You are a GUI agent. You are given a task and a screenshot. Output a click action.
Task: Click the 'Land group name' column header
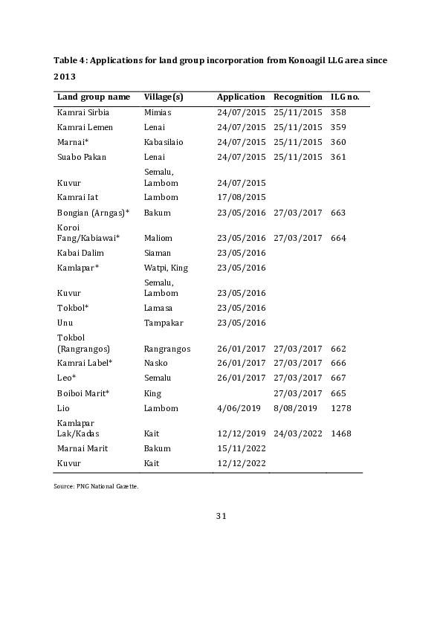click(94, 97)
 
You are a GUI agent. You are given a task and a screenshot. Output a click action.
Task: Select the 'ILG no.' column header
click(345, 97)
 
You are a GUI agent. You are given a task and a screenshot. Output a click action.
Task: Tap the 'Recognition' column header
click(297, 97)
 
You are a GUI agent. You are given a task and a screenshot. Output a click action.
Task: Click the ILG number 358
click(338, 112)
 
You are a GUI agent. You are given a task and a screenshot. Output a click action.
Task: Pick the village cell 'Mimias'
click(158, 112)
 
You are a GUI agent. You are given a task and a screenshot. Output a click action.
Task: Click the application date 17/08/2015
click(241, 197)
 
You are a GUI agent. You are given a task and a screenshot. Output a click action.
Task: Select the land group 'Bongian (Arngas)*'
click(93, 213)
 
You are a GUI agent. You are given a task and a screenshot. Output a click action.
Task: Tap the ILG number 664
click(338, 238)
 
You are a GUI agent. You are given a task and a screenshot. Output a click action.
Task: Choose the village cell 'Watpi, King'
click(166, 267)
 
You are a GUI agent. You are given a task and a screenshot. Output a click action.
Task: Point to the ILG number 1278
click(340, 408)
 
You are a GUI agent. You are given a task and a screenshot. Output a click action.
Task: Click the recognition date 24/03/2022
click(297, 433)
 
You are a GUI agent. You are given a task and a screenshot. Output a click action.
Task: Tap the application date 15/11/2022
click(241, 448)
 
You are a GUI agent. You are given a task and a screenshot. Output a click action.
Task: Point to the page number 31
click(221, 516)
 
